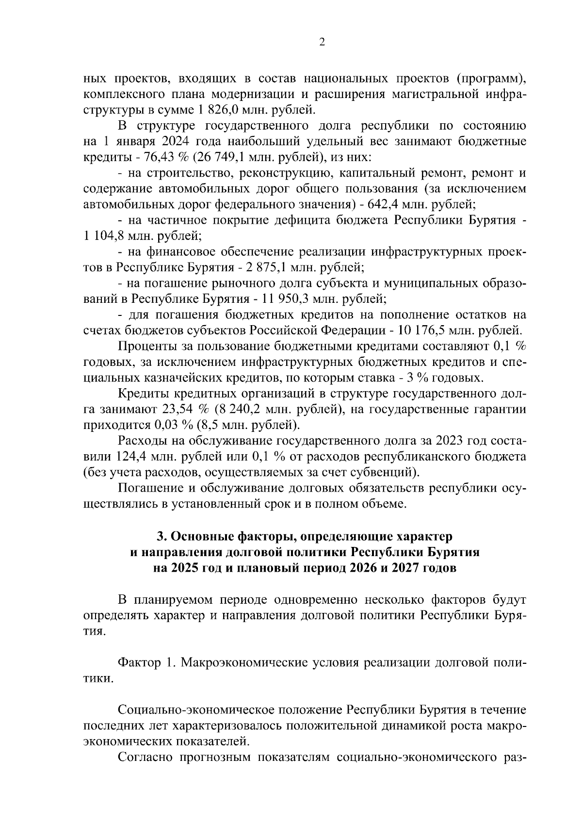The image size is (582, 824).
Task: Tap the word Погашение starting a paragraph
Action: (x=153, y=488)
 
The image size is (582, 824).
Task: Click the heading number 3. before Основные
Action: (x=162, y=537)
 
